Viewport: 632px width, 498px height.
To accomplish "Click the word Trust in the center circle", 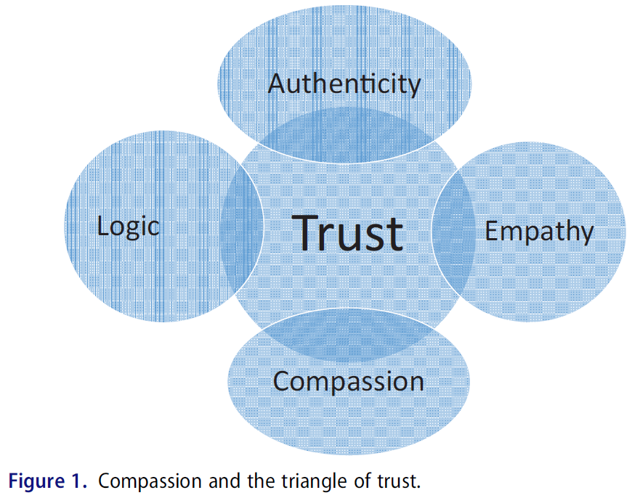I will [348, 232].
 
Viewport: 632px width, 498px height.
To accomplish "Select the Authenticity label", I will [344, 84].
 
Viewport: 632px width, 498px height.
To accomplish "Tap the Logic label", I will [128, 226].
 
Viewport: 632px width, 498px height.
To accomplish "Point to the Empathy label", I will [539, 232].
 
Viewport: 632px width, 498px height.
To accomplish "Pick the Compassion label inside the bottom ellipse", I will [348, 381].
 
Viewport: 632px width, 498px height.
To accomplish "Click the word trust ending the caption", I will [400, 481].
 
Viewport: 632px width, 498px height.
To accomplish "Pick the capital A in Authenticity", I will [276, 83].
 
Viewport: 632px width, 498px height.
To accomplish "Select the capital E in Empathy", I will [492, 231].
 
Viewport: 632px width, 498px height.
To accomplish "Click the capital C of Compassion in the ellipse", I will [282, 381].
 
